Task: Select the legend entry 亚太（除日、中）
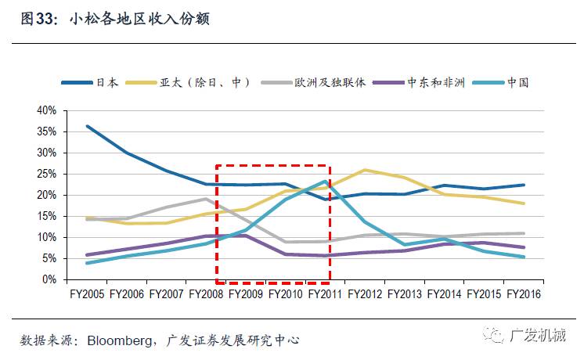(204, 82)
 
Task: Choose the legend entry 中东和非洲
(435, 82)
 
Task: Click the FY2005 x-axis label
(86, 294)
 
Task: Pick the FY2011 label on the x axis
(326, 294)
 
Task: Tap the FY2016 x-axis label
(524, 294)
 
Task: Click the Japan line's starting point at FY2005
(87, 126)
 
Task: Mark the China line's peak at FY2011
(326, 182)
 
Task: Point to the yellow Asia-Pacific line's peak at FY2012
(365, 170)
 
